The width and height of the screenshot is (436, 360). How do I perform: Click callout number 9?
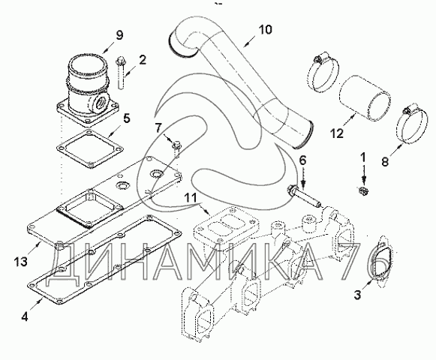point(119,35)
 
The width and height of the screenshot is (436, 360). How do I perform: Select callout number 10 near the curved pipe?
point(265,29)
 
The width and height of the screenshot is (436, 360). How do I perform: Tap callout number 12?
point(337,133)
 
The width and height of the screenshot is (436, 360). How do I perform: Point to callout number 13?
point(21,262)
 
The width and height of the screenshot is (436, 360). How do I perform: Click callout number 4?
point(25,316)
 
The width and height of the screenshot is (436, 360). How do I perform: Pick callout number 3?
point(357,295)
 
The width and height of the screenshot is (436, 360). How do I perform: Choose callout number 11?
point(191,198)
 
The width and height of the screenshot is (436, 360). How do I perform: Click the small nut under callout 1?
point(362,190)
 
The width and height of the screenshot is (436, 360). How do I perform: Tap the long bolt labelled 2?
point(121,73)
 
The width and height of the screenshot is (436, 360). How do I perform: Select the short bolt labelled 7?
point(176,150)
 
